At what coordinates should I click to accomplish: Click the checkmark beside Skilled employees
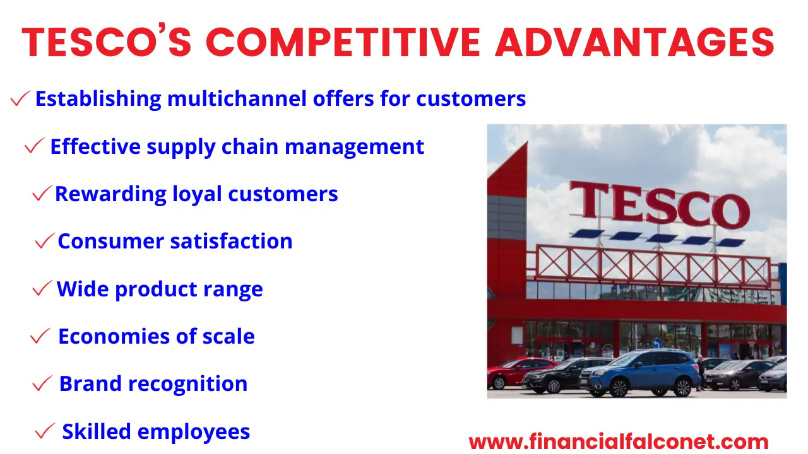(x=45, y=432)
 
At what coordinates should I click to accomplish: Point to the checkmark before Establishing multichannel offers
(x=21, y=98)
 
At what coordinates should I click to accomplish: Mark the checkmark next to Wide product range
(x=42, y=289)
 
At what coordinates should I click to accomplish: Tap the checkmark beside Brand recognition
(x=42, y=383)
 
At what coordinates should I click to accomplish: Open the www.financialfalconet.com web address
(x=619, y=442)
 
